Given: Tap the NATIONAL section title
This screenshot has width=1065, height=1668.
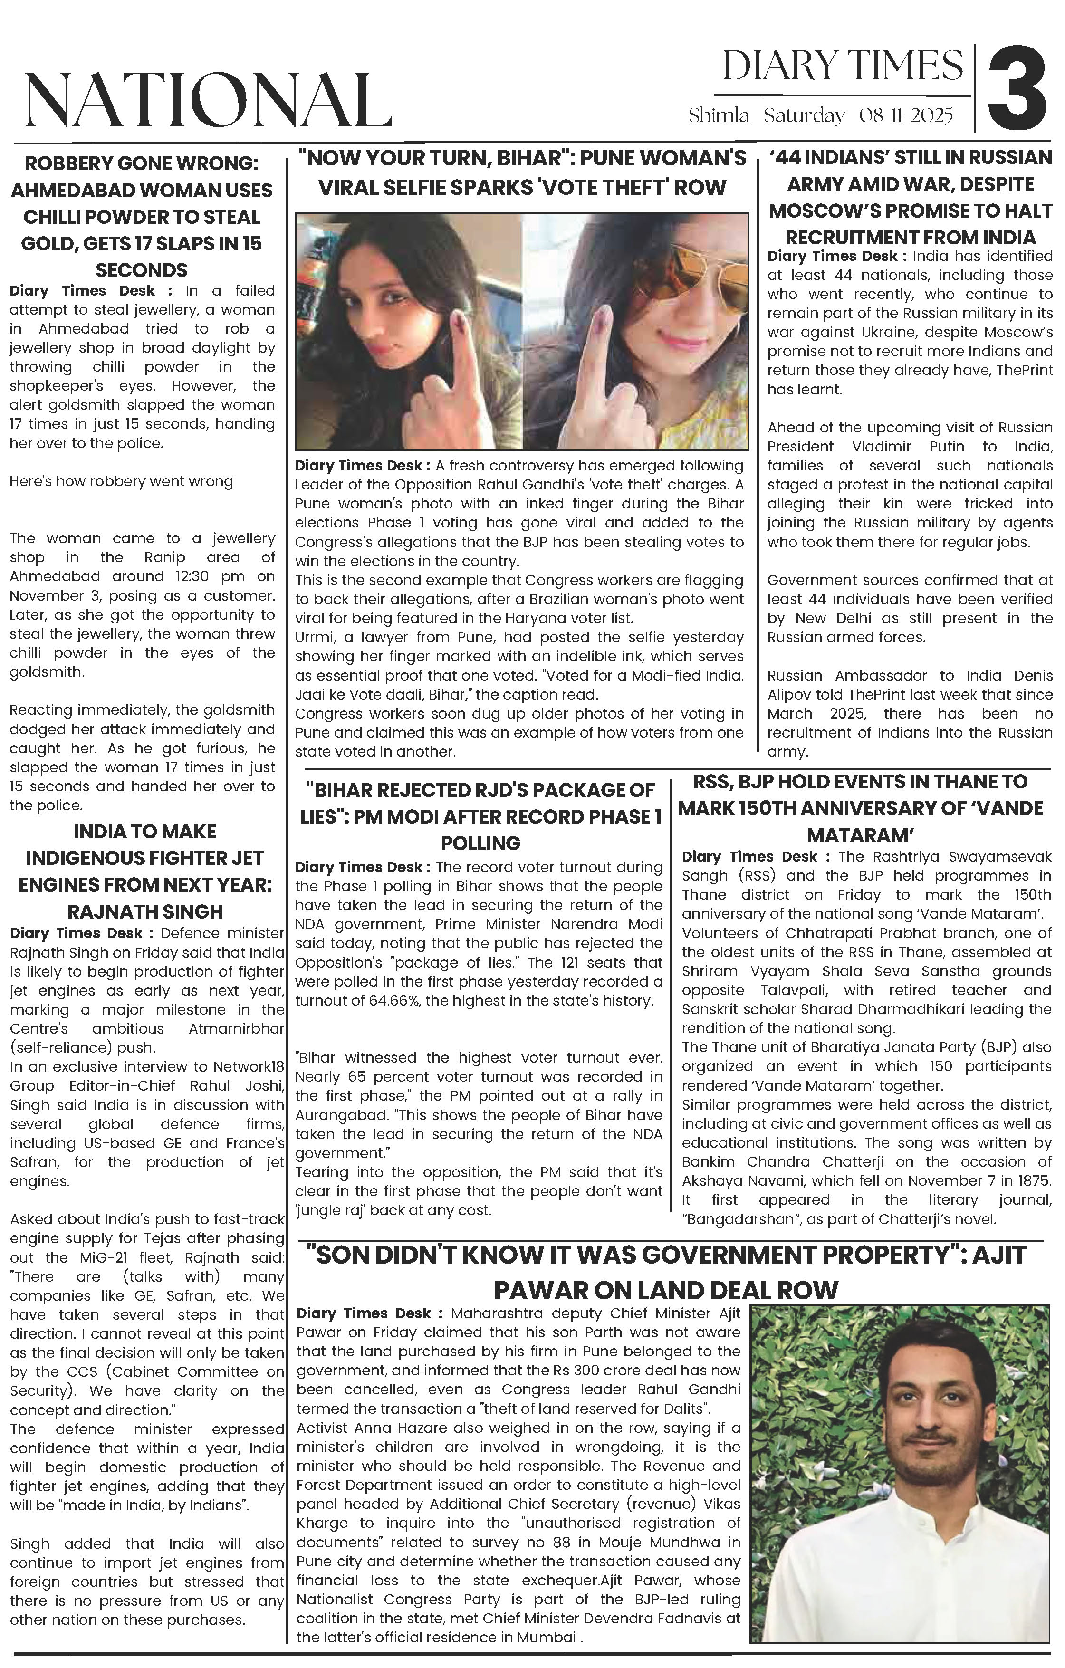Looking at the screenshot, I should coord(208,100).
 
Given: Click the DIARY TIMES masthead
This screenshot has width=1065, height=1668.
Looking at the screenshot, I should coord(843,67).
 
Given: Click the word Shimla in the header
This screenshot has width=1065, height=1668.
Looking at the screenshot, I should coord(719,115).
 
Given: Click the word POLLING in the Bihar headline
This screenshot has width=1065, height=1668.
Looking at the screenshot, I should coord(480,843).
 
